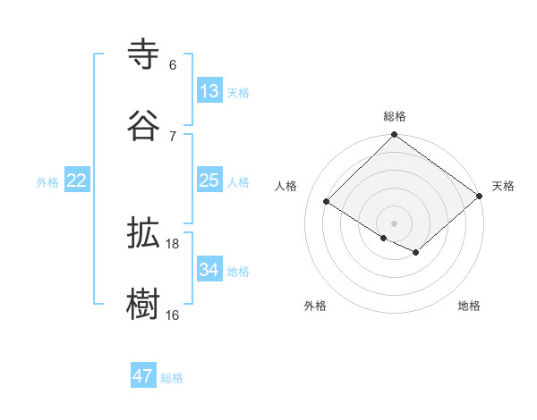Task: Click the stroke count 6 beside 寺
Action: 173,65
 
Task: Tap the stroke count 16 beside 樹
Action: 173,315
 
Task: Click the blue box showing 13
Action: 209,91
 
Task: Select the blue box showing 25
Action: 209,181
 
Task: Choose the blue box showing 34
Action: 209,270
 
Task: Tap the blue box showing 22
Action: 77,181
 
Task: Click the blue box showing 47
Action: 143,376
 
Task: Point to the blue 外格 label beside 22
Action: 47,182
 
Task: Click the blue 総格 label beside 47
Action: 172,378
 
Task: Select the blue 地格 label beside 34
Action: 238,272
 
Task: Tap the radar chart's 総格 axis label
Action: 395,116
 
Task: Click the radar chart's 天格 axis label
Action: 503,186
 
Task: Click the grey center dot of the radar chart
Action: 394,223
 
